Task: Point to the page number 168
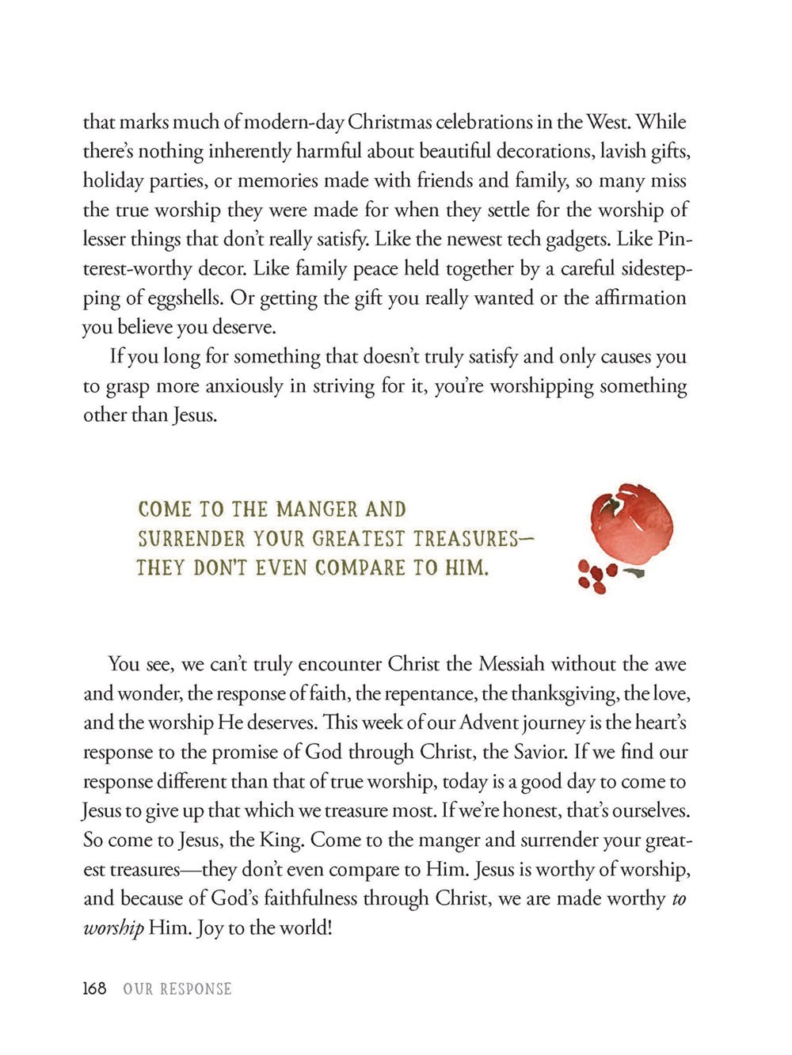pos(95,989)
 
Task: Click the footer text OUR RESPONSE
pos(177,989)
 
